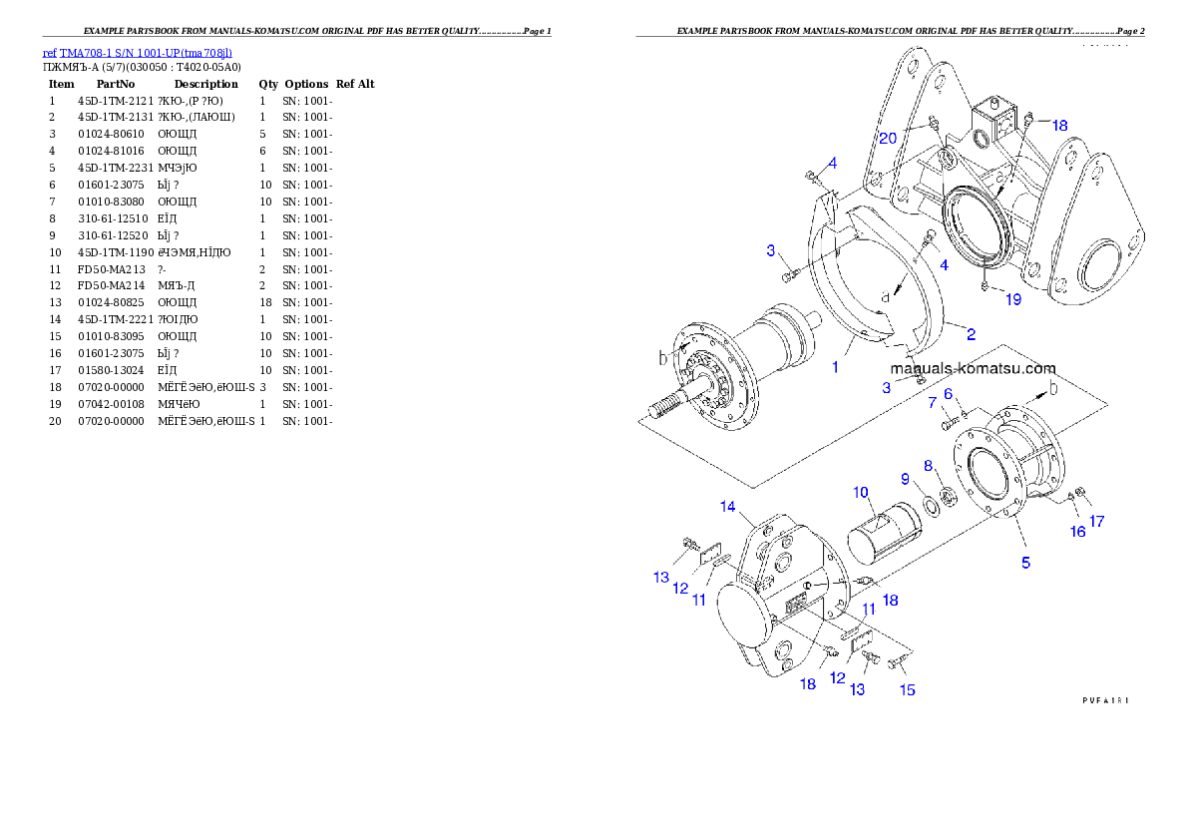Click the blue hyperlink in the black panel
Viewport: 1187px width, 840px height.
(138, 53)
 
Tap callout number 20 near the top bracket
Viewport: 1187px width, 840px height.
(888, 138)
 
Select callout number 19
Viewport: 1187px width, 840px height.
(1012, 299)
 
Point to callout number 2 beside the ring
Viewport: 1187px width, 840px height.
(970, 334)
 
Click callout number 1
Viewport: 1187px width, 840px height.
(835, 366)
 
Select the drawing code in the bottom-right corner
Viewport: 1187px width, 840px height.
(1105, 700)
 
